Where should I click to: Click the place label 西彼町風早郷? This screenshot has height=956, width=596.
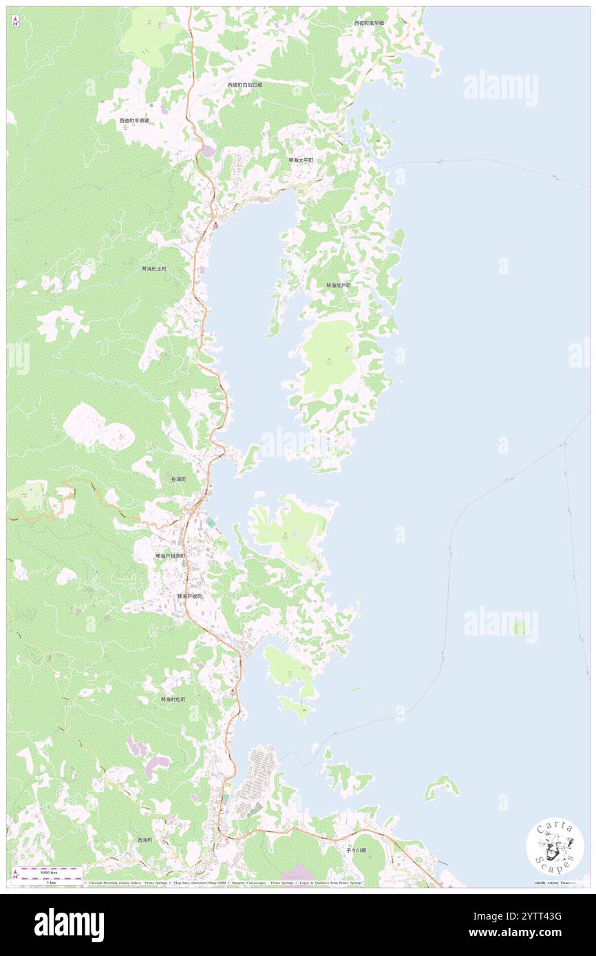(x=369, y=23)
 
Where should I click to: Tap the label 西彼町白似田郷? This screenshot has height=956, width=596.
(x=245, y=85)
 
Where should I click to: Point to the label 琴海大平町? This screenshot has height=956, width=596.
(x=301, y=160)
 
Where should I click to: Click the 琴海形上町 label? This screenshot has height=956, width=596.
(x=154, y=268)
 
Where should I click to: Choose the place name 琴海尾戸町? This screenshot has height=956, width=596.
(x=339, y=285)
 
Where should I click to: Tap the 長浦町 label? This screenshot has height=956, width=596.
(x=178, y=479)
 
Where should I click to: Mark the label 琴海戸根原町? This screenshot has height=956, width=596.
(x=170, y=556)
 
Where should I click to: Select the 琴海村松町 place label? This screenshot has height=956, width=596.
(x=173, y=699)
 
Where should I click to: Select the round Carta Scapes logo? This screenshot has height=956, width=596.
(x=555, y=847)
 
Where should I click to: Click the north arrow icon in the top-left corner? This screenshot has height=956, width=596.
(x=16, y=21)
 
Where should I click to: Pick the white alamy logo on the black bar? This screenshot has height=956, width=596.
(x=69, y=924)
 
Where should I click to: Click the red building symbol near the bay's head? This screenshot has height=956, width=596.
(x=215, y=226)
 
